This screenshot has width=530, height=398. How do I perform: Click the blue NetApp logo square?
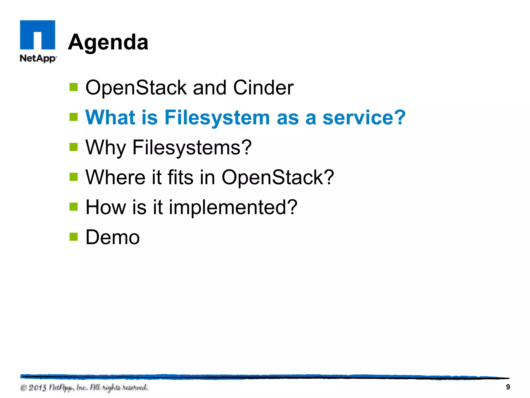pos(38,35)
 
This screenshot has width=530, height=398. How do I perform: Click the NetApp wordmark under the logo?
pos(38,58)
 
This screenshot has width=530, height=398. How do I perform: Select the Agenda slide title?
pos(108,42)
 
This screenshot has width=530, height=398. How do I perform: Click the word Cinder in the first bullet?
pos(263,88)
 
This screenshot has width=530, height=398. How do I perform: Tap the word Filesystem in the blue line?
pos(217,117)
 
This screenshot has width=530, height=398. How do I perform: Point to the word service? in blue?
pos(364,117)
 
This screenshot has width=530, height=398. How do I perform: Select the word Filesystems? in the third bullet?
pos(192,147)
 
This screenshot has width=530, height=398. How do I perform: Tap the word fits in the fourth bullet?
pos(180,177)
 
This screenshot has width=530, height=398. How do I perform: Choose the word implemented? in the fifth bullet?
pos(233,207)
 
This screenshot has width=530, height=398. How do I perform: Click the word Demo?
pos(113,237)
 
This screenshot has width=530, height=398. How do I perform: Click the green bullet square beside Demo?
pos(74,236)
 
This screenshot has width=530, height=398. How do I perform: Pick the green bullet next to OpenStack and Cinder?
pos(74,87)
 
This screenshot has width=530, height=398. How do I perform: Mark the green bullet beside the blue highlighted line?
pos(74,117)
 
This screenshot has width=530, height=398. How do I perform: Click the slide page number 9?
pos(508,387)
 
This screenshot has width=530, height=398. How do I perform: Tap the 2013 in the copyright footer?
pos(37,388)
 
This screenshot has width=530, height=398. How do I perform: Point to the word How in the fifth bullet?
pos(106,207)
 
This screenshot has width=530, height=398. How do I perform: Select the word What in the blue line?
pos(110,117)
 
